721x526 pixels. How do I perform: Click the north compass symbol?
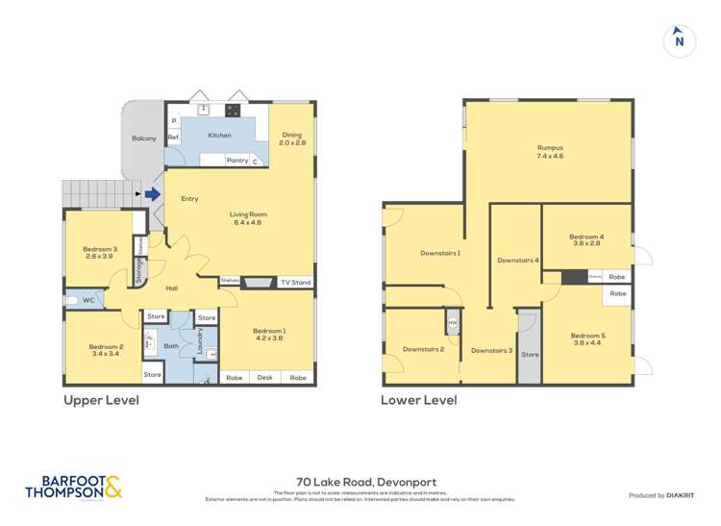click(680, 39)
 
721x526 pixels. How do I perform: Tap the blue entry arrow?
click(152, 194)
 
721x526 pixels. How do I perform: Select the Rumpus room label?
click(549, 151)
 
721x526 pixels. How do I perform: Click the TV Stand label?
click(295, 283)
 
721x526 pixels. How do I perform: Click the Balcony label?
click(143, 138)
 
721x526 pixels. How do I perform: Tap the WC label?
click(87, 301)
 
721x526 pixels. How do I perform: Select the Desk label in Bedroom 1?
click(265, 378)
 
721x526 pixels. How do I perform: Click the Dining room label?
click(291, 138)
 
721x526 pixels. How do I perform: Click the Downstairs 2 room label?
click(423, 349)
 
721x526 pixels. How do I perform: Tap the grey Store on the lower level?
click(530, 355)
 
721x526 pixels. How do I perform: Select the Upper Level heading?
click(101, 400)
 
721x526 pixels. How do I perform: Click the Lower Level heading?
click(418, 400)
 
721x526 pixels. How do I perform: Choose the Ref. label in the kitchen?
click(174, 138)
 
